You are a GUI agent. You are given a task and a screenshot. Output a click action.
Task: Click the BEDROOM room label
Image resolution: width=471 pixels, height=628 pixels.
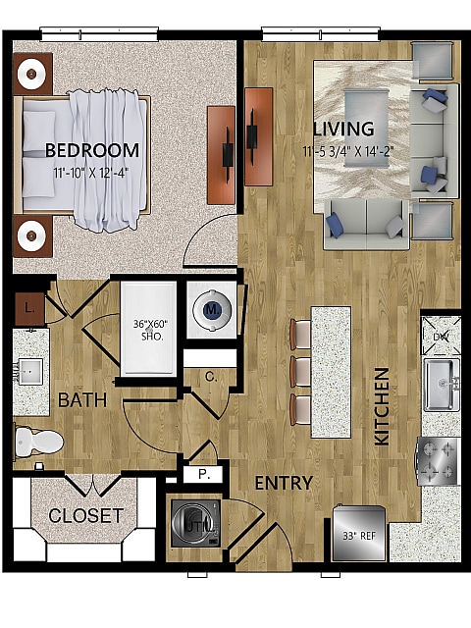(x=92, y=150)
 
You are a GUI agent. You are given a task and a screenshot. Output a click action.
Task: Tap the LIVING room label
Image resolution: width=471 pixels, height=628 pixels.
(x=343, y=129)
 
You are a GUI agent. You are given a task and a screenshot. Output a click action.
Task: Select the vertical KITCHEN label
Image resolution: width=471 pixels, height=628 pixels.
(x=382, y=406)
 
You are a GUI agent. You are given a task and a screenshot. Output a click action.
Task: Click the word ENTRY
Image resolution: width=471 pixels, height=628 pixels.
(x=284, y=483)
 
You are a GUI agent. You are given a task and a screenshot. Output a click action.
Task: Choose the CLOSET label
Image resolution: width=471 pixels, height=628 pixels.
(x=85, y=515)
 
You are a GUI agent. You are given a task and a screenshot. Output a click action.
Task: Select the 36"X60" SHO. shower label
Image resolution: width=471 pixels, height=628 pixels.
(x=149, y=329)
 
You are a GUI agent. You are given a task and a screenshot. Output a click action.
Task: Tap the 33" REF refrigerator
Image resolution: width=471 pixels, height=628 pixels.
(x=360, y=534)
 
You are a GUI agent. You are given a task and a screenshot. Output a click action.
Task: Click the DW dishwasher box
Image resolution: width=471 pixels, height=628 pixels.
(x=441, y=337)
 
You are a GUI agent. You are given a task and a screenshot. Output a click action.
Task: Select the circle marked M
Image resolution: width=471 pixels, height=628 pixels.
(x=209, y=308)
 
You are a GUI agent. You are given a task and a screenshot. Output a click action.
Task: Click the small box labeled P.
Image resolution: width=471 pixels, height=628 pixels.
(x=204, y=474)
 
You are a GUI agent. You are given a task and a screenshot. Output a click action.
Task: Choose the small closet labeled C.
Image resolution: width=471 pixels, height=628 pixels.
(x=211, y=375)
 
